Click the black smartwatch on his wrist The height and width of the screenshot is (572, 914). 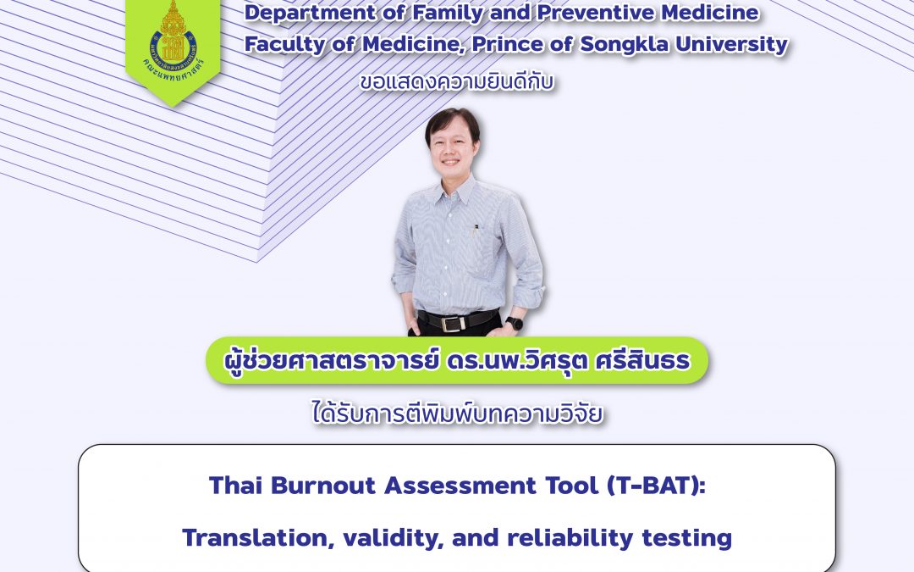coord(513,322)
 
